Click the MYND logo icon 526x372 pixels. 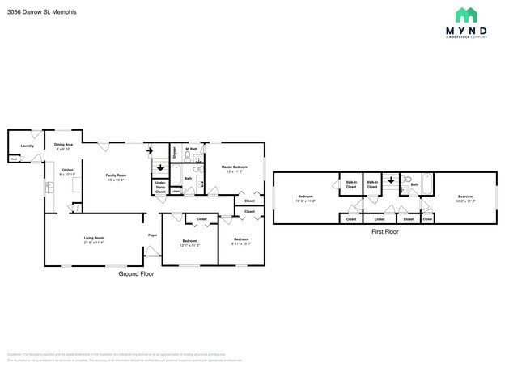coord(465,15)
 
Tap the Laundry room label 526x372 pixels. coord(27,146)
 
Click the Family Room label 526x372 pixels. coord(116,177)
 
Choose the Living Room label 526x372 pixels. coord(94,239)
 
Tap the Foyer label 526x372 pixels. coord(152,235)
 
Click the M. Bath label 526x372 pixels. coord(192,150)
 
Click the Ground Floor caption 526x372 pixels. coord(136,274)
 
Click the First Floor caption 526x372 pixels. coord(385,232)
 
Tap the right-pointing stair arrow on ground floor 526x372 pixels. coord(150,150)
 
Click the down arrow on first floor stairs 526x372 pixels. coord(389,181)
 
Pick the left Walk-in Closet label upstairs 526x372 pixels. coord(351,184)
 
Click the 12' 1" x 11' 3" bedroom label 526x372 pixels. coord(189,243)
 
